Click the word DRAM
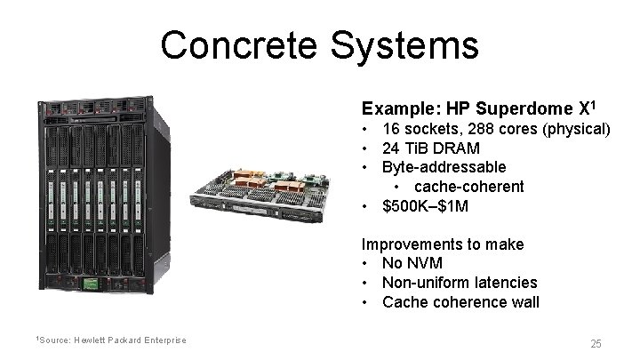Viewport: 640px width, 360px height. click(459, 148)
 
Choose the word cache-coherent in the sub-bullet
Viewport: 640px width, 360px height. click(468, 187)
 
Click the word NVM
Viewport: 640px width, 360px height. click(424, 263)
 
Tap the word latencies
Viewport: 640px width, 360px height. click(508, 282)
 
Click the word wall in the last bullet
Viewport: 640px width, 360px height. click(524, 301)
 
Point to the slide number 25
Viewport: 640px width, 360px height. click(596, 343)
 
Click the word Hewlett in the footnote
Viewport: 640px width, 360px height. click(87, 340)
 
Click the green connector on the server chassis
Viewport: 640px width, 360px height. click(89, 284)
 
